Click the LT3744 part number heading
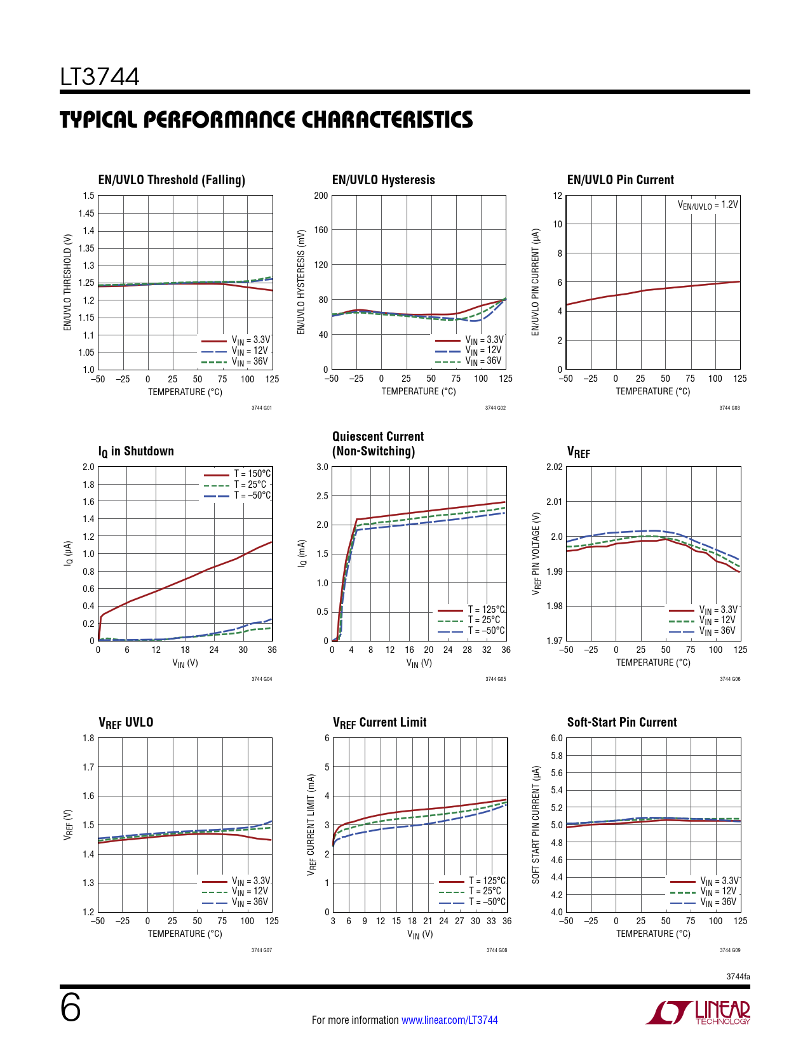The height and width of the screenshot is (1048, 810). [x=100, y=77]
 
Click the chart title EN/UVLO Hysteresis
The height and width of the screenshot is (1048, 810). [x=383, y=180]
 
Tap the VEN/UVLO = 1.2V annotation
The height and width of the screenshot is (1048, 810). [x=708, y=205]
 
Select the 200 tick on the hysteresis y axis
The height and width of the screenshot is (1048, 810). [x=321, y=196]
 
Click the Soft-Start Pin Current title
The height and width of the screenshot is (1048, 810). [x=621, y=722]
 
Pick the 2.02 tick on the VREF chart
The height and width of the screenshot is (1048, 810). [x=554, y=467]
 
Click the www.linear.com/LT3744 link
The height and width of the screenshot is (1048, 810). [x=449, y=1020]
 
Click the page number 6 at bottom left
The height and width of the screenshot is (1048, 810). [x=71, y=1008]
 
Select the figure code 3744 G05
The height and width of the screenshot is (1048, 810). [x=496, y=679]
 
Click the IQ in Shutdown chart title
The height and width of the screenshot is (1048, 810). [x=136, y=451]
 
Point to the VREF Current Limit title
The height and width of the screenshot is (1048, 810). [x=379, y=722]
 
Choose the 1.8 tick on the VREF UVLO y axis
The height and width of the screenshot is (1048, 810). [x=88, y=738]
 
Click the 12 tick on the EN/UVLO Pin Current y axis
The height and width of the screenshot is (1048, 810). [x=557, y=196]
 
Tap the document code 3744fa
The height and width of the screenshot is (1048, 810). [x=738, y=976]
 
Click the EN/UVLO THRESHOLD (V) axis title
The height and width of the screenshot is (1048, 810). [x=67, y=282]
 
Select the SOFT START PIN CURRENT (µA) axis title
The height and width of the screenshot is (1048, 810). [x=536, y=824]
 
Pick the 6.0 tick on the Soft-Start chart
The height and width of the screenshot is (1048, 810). [x=557, y=738]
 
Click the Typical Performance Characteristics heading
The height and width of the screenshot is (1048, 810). [x=266, y=120]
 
